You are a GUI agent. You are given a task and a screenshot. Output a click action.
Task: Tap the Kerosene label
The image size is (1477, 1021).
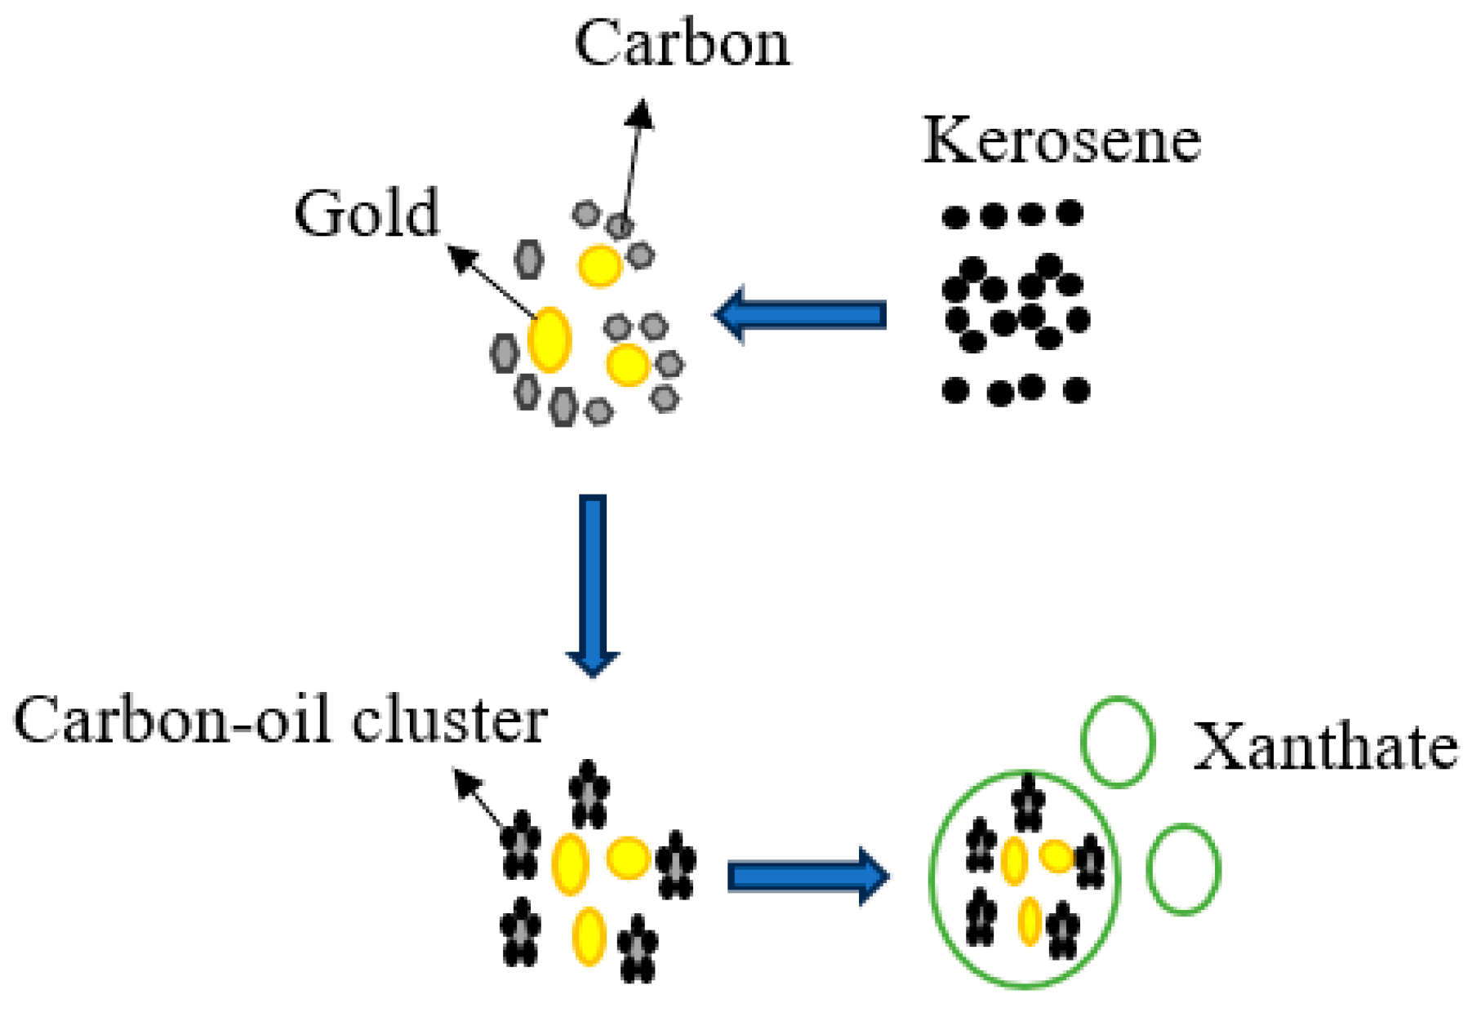tap(1061, 140)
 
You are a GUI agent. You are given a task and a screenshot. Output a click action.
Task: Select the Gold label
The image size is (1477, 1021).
tap(367, 213)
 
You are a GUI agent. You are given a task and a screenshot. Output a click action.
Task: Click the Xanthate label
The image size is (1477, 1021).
tap(1324, 747)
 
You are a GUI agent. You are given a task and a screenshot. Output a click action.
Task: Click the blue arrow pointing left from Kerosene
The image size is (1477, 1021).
tap(800, 314)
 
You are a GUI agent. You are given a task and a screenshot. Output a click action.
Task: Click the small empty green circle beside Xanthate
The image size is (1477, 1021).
tap(1118, 742)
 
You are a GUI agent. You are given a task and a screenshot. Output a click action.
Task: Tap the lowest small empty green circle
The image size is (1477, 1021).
tap(1183, 869)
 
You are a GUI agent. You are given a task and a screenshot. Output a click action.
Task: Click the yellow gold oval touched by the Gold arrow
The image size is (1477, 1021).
tap(549, 340)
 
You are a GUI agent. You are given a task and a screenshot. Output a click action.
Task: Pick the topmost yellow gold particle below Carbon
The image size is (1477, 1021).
tap(600, 265)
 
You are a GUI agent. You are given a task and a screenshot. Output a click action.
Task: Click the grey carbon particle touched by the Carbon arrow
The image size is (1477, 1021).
tap(621, 226)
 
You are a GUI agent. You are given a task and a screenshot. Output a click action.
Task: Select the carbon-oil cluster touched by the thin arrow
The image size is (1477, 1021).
tap(520, 843)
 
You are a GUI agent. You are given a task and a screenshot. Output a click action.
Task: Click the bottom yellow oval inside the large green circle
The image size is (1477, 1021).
tap(1030, 921)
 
